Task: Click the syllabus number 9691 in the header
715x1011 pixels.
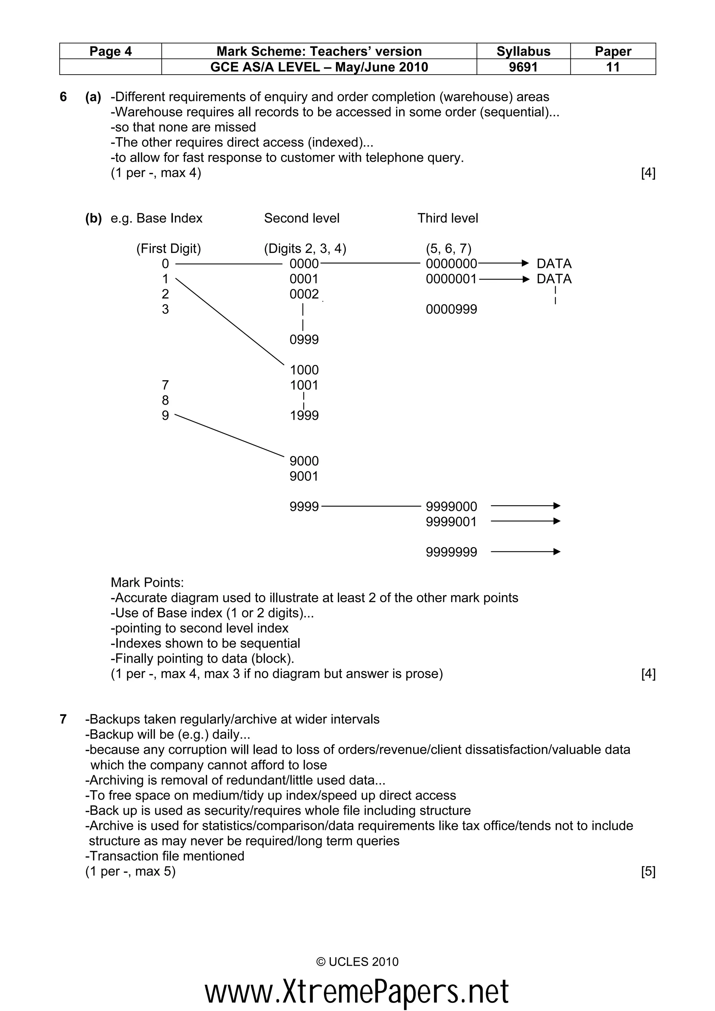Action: (x=523, y=67)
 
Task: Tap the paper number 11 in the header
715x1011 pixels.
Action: (x=613, y=67)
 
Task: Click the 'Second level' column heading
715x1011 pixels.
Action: (x=301, y=218)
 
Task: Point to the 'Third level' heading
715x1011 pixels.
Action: (x=447, y=218)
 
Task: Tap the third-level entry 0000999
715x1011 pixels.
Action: (x=451, y=309)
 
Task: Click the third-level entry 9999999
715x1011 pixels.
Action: (x=451, y=552)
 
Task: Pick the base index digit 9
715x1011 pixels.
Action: (x=165, y=415)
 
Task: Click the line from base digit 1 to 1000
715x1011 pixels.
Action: (x=229, y=321)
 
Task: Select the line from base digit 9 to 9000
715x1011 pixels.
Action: (x=229, y=435)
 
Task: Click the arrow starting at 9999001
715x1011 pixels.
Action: (x=524, y=521)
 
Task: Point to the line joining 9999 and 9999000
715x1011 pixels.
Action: (x=371, y=507)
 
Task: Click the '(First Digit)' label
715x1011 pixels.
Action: (x=168, y=249)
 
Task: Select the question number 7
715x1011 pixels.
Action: (x=63, y=719)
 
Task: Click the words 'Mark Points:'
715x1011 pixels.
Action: (x=147, y=583)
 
